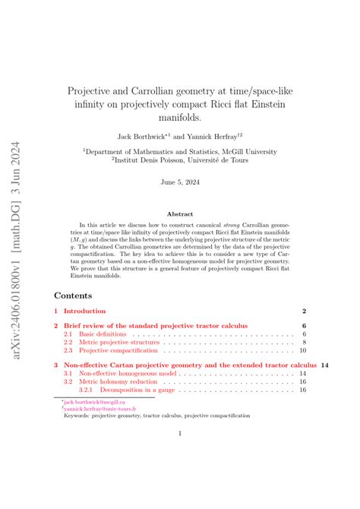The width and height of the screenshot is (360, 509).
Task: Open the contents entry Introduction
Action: tap(84, 311)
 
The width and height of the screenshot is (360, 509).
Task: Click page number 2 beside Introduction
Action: tap(304, 311)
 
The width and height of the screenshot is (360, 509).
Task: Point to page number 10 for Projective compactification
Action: tap(302, 351)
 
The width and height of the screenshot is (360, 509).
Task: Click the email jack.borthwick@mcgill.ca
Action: tap(95, 402)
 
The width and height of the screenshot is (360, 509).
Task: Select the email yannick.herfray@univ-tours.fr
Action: tap(100, 409)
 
